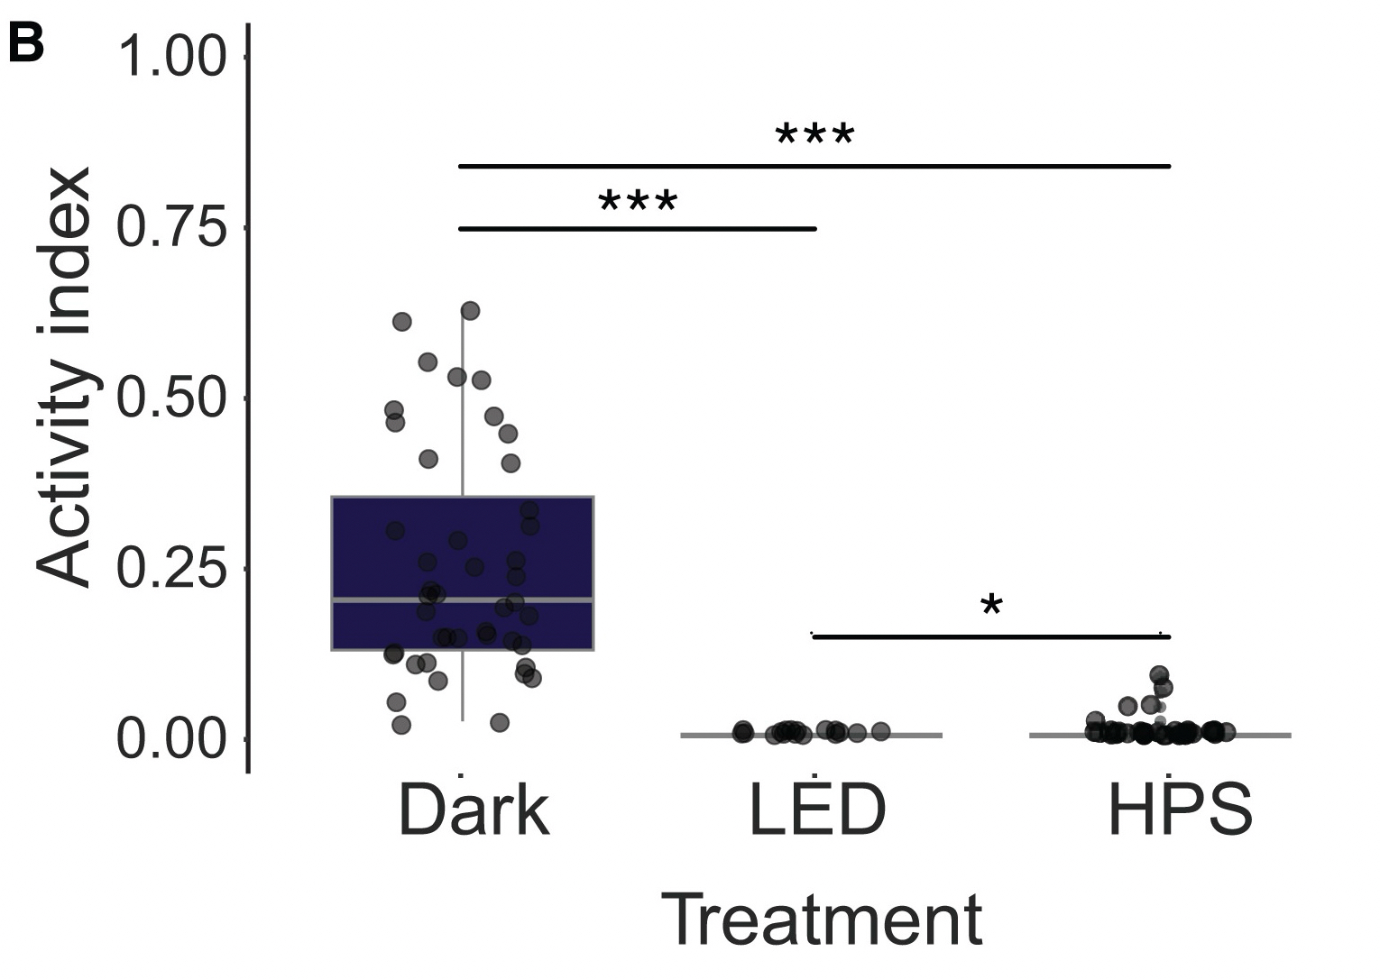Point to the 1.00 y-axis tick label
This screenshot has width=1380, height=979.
170,56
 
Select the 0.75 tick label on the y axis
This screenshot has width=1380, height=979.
170,226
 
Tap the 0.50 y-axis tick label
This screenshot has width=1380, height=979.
170,398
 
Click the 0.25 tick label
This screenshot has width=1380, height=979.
170,568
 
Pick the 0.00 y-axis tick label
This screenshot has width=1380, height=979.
170,739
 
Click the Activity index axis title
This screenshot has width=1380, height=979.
65,377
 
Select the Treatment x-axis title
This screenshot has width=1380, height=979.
822,920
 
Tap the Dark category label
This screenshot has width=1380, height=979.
474,810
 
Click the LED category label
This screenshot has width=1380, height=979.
818,810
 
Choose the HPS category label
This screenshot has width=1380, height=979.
1179,810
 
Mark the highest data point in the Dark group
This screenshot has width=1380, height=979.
470,311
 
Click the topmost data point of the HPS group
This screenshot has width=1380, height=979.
1159,674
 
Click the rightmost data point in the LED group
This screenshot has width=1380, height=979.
881,731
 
